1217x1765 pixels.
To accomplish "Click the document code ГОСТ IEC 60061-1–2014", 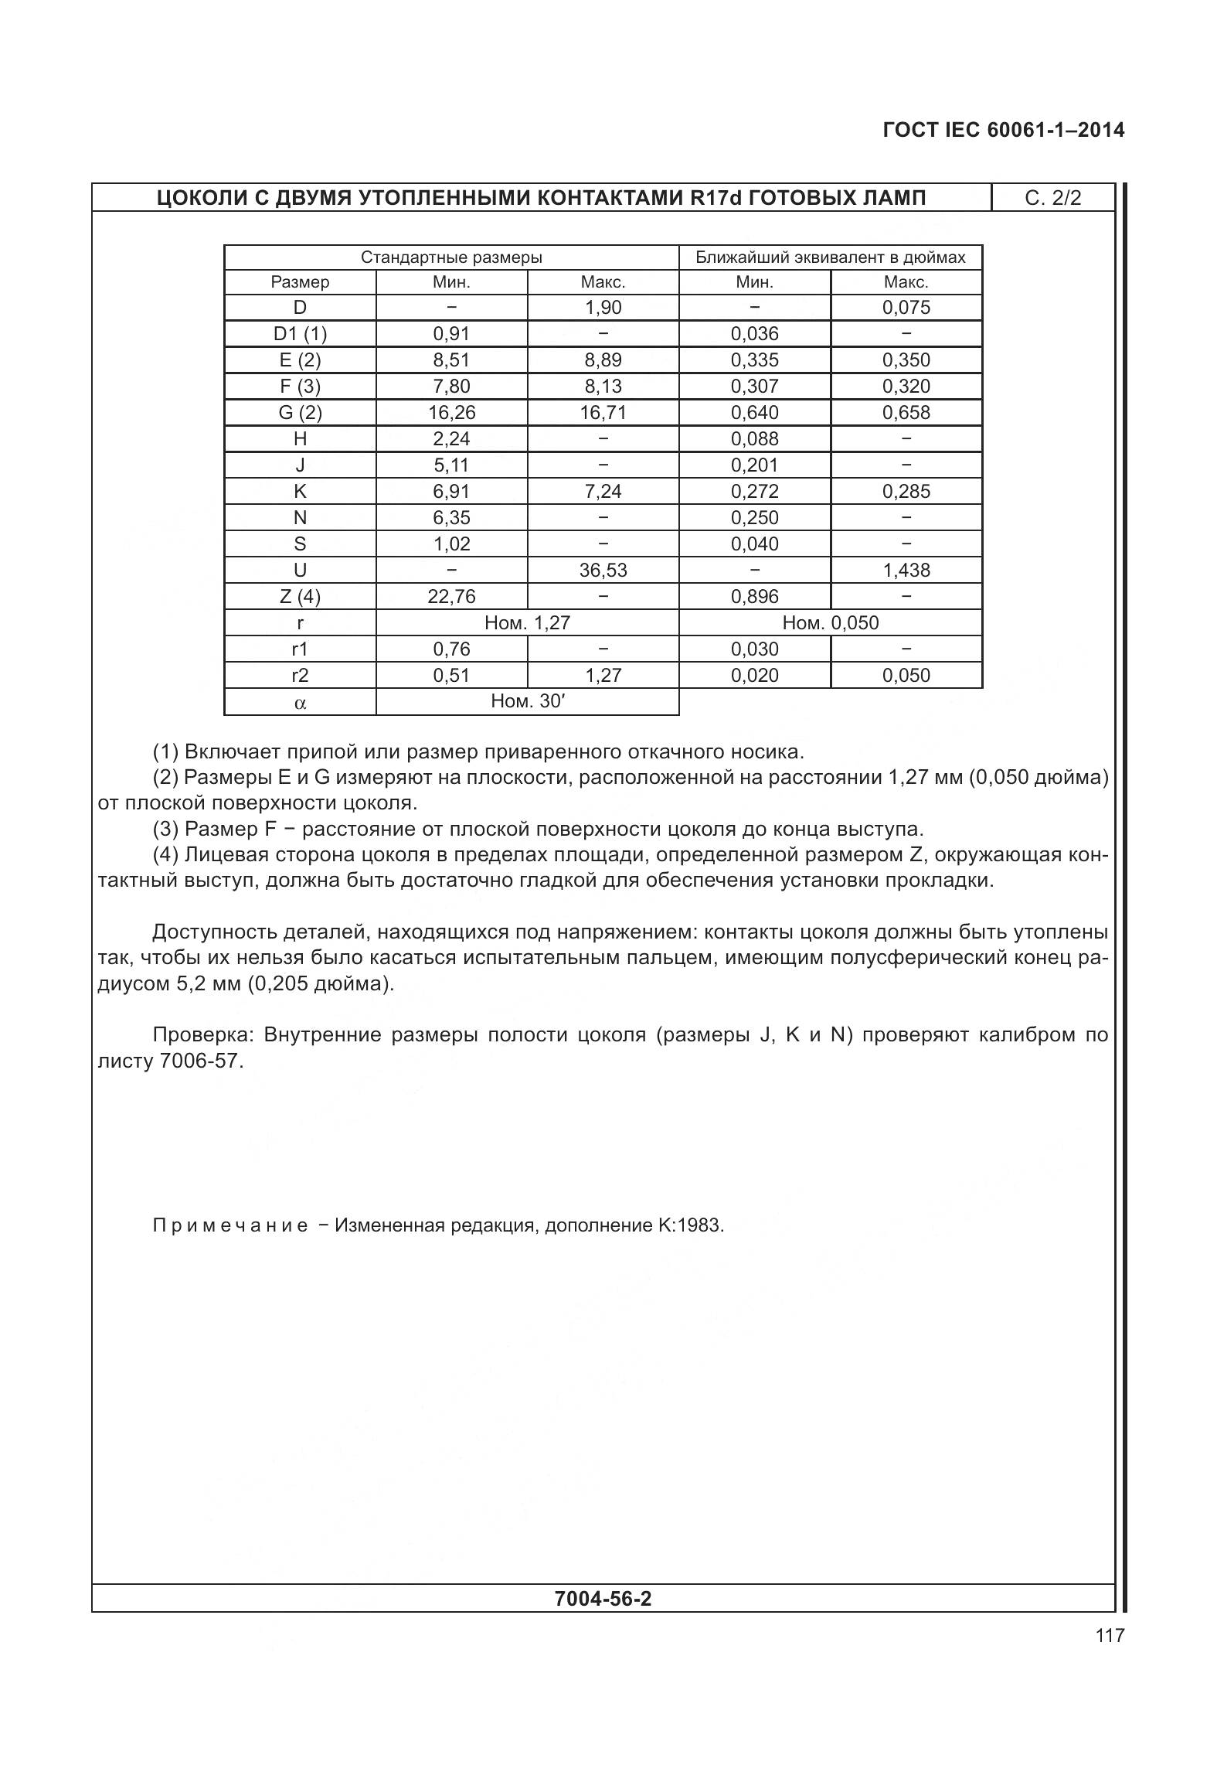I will click(x=1003, y=130).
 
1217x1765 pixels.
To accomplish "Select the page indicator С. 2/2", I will click(x=1052, y=198).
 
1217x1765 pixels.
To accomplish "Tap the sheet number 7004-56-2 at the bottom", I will click(x=603, y=1599).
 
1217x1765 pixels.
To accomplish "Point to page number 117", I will click(x=1109, y=1635).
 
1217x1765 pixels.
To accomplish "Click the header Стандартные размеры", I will click(x=451, y=257).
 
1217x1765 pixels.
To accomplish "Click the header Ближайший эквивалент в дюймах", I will click(x=830, y=257).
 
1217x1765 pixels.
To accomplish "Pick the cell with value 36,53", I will click(x=603, y=571).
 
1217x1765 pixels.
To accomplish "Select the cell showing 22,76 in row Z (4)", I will click(x=451, y=597).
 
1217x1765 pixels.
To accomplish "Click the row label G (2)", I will click(x=300, y=413).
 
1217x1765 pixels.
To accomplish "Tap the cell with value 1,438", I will click(x=906, y=571).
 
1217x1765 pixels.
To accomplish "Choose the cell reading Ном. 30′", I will click(x=529, y=701).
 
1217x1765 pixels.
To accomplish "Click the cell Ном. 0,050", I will click(x=830, y=623).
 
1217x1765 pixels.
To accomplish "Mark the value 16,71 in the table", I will click(x=603, y=413).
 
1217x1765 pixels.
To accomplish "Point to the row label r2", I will click(x=300, y=676).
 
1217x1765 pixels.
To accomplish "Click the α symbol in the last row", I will click(x=300, y=703).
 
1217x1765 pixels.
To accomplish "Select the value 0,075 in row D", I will click(x=906, y=308).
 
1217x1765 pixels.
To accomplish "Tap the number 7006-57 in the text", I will click(x=201, y=1061).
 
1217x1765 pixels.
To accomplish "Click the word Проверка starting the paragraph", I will click(x=202, y=1034).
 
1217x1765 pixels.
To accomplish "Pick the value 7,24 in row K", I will click(x=603, y=492).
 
